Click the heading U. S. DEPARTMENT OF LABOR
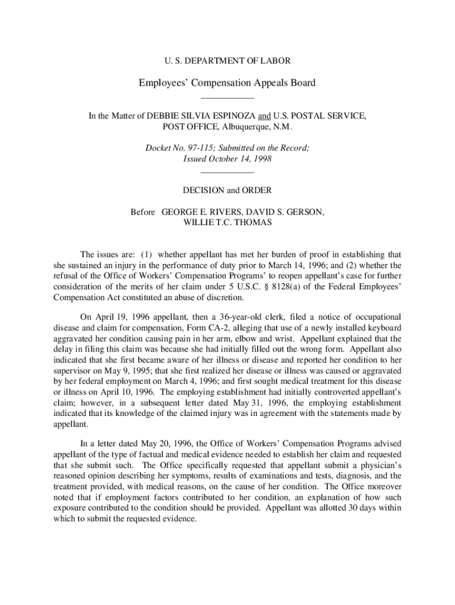pos(227,61)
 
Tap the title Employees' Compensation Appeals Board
pos(227,83)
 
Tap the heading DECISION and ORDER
pos(227,190)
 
